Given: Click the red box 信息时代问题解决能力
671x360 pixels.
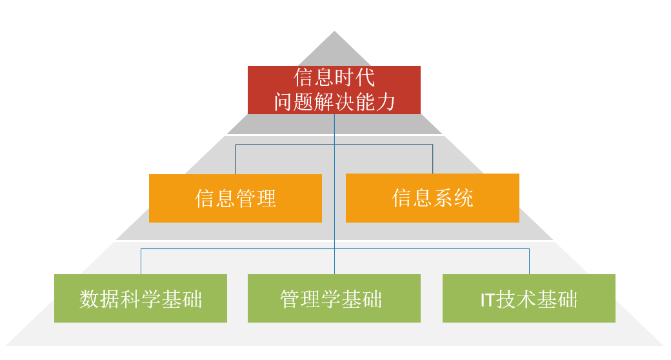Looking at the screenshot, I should (334, 90).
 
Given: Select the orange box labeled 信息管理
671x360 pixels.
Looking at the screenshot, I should (235, 198).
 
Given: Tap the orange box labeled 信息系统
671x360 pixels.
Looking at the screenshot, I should (432, 198).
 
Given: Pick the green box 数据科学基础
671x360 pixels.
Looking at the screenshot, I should (141, 299).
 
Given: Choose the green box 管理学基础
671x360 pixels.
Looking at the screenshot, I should (334, 299).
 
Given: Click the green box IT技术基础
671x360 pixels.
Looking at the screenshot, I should (529, 299).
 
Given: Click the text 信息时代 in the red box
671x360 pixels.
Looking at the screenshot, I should (334, 79).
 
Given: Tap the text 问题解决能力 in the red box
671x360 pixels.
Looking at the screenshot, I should (334, 102).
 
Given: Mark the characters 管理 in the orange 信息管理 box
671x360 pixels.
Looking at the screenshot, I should (256, 198).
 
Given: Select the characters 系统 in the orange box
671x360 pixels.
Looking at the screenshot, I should (453, 198).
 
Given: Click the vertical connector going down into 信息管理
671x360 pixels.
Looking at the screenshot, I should (235, 160).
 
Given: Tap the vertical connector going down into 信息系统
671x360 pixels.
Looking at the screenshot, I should (432, 160).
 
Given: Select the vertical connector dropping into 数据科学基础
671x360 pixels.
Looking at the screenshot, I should (141, 261).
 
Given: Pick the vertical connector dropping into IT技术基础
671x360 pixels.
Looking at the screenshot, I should (529, 261).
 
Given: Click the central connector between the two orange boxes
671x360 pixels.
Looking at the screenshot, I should (334, 198).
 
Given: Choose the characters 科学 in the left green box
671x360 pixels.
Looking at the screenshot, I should (141, 299).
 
